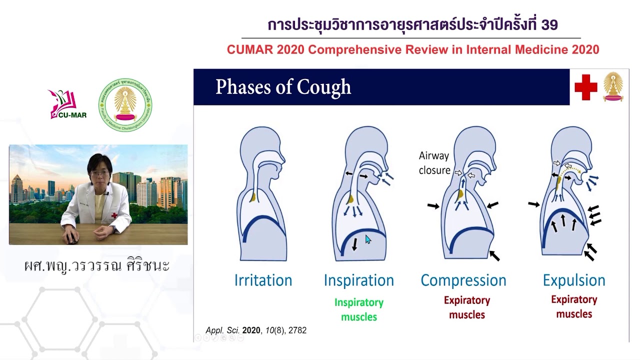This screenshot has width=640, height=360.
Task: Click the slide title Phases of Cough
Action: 283,87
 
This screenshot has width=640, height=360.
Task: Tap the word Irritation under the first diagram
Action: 263,280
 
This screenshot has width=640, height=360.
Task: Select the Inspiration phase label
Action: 358,280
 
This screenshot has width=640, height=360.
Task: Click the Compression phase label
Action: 463,280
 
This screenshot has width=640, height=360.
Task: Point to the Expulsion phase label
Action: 573,280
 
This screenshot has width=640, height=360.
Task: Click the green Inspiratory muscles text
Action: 358,309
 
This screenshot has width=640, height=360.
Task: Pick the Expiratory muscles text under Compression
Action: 466,307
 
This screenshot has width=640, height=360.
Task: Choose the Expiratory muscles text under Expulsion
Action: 574,306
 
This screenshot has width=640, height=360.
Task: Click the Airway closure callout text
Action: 434,163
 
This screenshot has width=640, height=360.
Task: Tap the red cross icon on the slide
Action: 585,87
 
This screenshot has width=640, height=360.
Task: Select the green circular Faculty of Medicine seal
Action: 125,105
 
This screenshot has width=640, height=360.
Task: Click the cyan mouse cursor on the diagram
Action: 368,239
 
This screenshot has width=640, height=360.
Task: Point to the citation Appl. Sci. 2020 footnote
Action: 256,330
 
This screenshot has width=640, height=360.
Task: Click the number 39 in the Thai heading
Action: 549,24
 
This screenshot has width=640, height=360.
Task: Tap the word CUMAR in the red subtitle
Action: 248,49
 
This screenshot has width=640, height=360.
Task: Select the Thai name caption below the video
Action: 97,265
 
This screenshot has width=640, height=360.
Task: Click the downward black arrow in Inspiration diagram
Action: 354,244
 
